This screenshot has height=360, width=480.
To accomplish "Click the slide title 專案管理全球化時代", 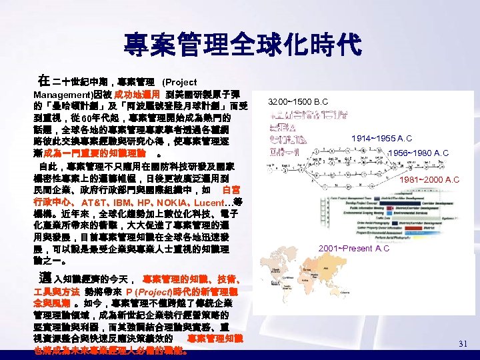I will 242,45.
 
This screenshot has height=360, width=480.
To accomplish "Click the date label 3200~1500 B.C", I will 298,102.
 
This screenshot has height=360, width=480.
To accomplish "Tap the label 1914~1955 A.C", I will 381,138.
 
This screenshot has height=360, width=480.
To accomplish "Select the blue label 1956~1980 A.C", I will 419,153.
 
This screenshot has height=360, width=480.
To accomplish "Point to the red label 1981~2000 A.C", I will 429,179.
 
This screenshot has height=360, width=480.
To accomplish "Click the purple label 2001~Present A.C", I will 354,248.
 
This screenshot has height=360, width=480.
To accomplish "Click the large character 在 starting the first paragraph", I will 43,80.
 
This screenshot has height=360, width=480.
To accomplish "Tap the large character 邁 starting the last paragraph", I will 45,277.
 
